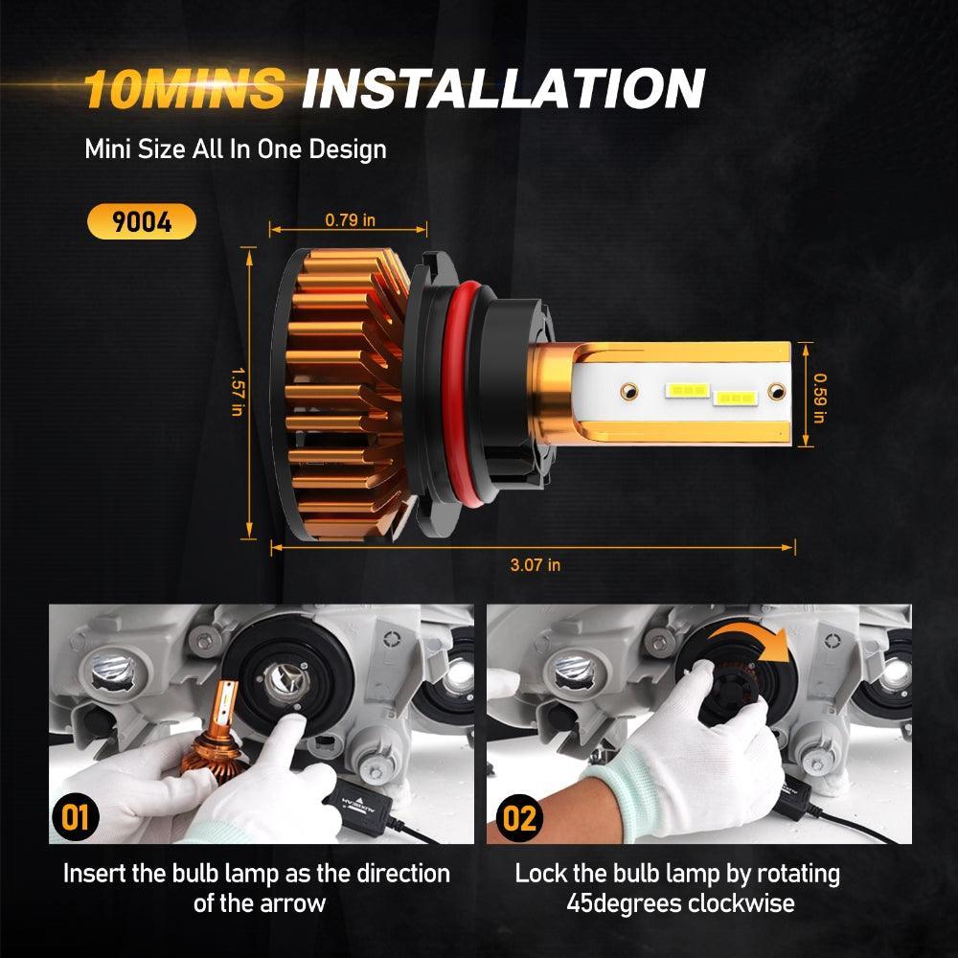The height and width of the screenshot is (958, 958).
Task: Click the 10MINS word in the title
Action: [x=184, y=88]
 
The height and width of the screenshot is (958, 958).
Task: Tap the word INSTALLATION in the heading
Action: [x=504, y=88]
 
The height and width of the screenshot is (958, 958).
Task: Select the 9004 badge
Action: [x=142, y=221]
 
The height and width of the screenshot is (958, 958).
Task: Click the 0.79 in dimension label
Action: [x=350, y=220]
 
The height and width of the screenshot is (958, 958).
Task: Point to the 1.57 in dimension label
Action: [x=238, y=392]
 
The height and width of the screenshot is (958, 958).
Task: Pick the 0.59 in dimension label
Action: [x=819, y=398]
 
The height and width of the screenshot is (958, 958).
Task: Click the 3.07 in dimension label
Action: [x=536, y=564]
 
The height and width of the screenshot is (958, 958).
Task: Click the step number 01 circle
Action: [x=75, y=817]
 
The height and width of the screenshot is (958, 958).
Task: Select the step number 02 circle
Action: [x=519, y=817]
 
